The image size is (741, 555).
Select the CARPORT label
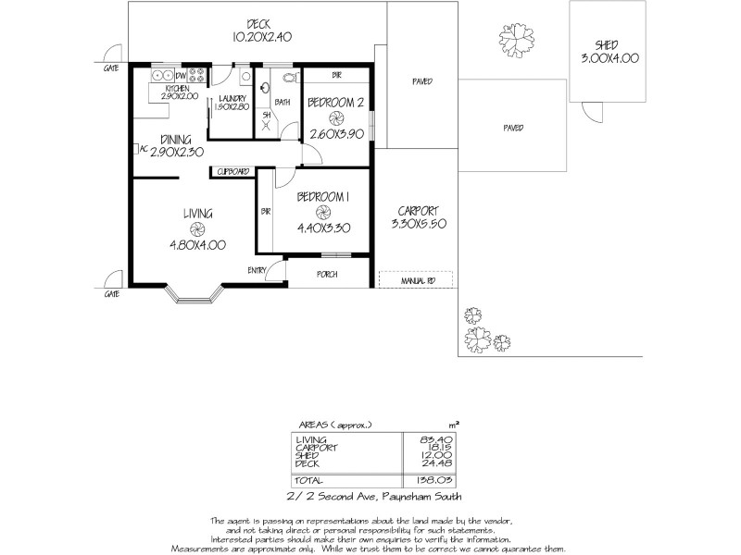point(416,210)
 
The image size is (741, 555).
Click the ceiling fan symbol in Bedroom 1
point(322,210)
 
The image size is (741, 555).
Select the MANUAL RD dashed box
point(414,278)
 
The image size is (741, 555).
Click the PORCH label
point(326,275)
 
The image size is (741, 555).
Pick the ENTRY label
point(258,269)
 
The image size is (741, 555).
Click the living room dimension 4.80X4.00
point(198,244)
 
